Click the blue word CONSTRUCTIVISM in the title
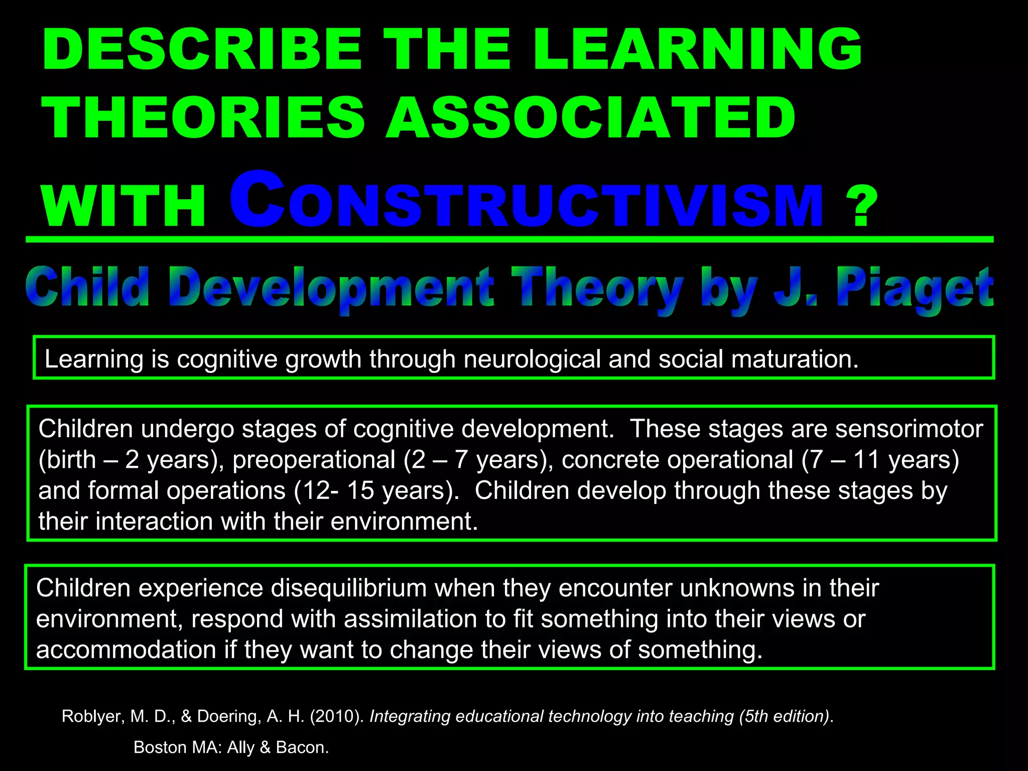[526, 201]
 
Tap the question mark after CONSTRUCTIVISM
[861, 206]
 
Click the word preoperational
[314, 460]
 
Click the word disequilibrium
[349, 588]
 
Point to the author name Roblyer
[92, 716]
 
